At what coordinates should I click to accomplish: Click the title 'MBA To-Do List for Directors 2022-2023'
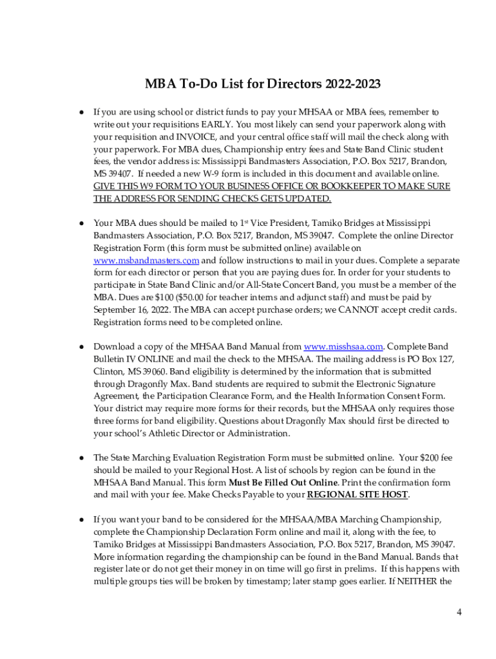coord(262,84)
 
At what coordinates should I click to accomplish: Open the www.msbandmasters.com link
coord(146,261)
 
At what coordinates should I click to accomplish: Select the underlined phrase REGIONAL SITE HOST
coord(358,495)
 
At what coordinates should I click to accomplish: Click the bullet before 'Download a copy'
coord(82,347)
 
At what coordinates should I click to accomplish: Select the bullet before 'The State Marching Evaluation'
coord(82,458)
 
